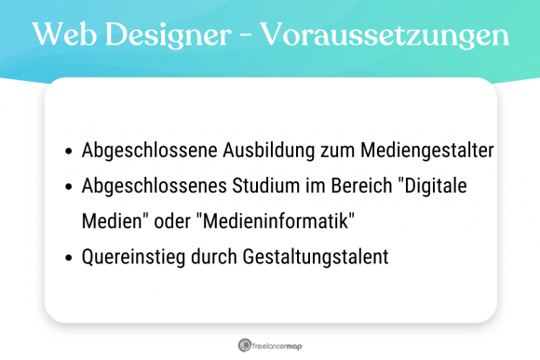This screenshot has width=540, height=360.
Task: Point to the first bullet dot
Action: (69, 151)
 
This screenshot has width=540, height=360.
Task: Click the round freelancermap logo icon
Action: (244, 343)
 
